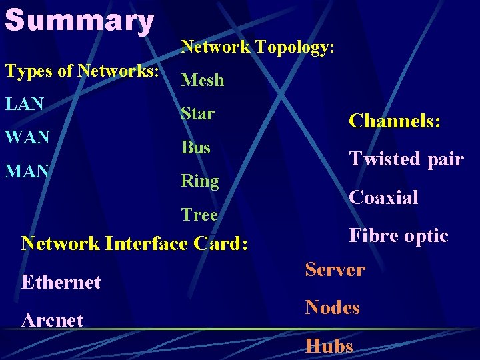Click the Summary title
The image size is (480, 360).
coord(79,20)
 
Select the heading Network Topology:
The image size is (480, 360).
coord(257,47)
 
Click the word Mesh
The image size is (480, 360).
coord(203,80)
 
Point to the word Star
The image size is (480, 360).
coord(198,113)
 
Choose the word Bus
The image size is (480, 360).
coord(196,147)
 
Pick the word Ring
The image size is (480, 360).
coord(200,181)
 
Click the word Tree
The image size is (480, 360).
coord(200,215)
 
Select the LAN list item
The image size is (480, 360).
coord(25,104)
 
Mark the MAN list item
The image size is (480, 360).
coord(27,171)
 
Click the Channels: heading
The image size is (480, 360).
coord(395,121)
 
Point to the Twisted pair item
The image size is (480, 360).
coord(406,159)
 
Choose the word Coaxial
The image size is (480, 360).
coord(384,197)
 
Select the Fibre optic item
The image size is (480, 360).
coord(399,236)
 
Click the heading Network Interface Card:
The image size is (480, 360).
coord(135,243)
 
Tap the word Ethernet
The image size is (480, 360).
coord(61,282)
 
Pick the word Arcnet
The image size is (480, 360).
coord(53,320)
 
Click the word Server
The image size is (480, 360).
coord(335,270)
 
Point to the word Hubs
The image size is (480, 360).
coord(329,346)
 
